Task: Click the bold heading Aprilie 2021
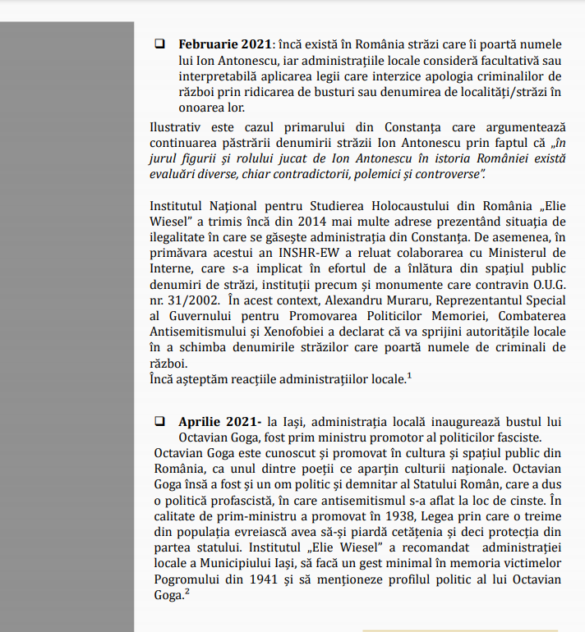pos(214,421)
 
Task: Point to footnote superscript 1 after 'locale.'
pos(409,375)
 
